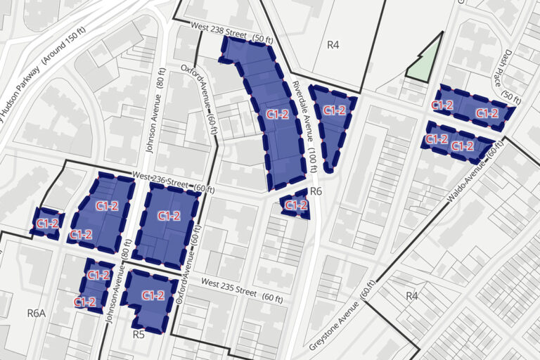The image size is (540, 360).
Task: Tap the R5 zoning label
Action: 139,335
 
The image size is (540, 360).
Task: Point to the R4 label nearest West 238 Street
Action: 333,45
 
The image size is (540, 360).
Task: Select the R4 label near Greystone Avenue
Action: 412,296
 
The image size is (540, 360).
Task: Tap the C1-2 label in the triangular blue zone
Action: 333,111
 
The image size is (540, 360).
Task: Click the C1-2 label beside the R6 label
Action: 296,205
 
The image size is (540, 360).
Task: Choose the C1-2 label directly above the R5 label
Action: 153,296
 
